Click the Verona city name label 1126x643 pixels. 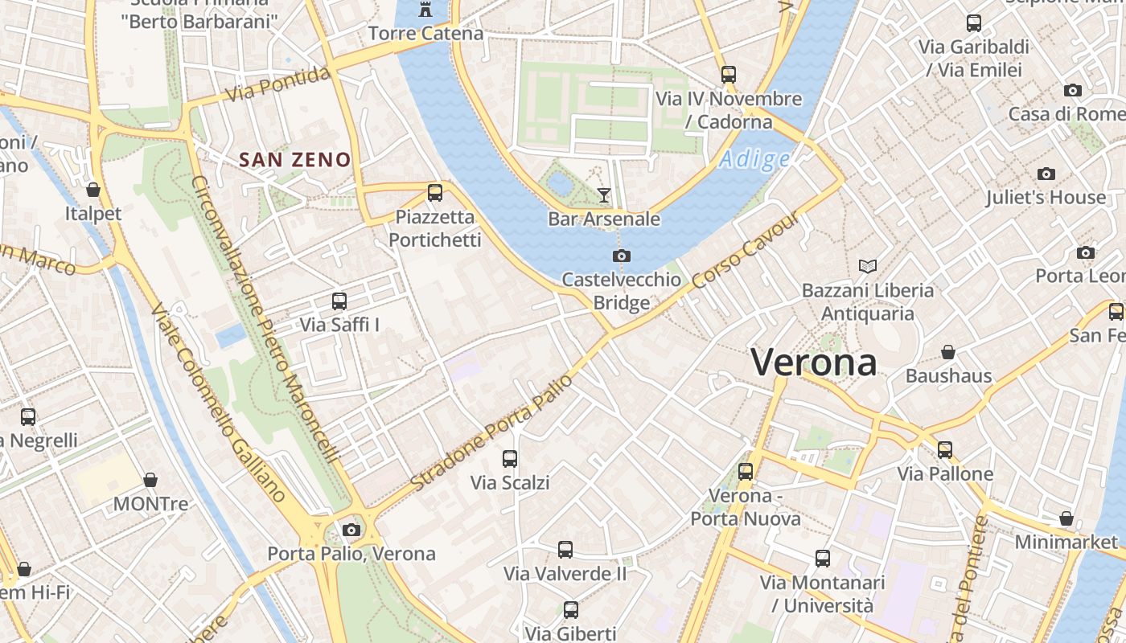[x=813, y=362]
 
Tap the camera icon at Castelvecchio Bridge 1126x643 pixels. [x=621, y=256]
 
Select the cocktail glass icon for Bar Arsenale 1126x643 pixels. [x=604, y=195]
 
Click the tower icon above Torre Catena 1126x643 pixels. [x=425, y=10]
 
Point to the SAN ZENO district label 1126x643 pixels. [x=295, y=160]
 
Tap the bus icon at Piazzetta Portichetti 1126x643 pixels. [x=435, y=193]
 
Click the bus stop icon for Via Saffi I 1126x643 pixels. [x=339, y=301]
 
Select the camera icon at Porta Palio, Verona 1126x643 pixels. [x=351, y=530]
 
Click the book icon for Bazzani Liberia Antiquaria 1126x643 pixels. [x=868, y=266]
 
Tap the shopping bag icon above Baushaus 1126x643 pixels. [x=948, y=352]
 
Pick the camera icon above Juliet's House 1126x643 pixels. [x=1046, y=174]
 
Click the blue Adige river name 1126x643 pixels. [x=754, y=159]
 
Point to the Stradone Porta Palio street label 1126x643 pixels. [x=491, y=432]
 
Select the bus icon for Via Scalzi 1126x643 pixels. [x=510, y=459]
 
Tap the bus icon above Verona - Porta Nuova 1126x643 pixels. [x=746, y=472]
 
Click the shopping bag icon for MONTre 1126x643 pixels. [x=150, y=480]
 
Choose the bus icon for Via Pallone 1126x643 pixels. [x=945, y=450]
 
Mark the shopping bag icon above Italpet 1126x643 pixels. [x=93, y=190]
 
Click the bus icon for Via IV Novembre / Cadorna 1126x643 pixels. [x=729, y=75]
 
